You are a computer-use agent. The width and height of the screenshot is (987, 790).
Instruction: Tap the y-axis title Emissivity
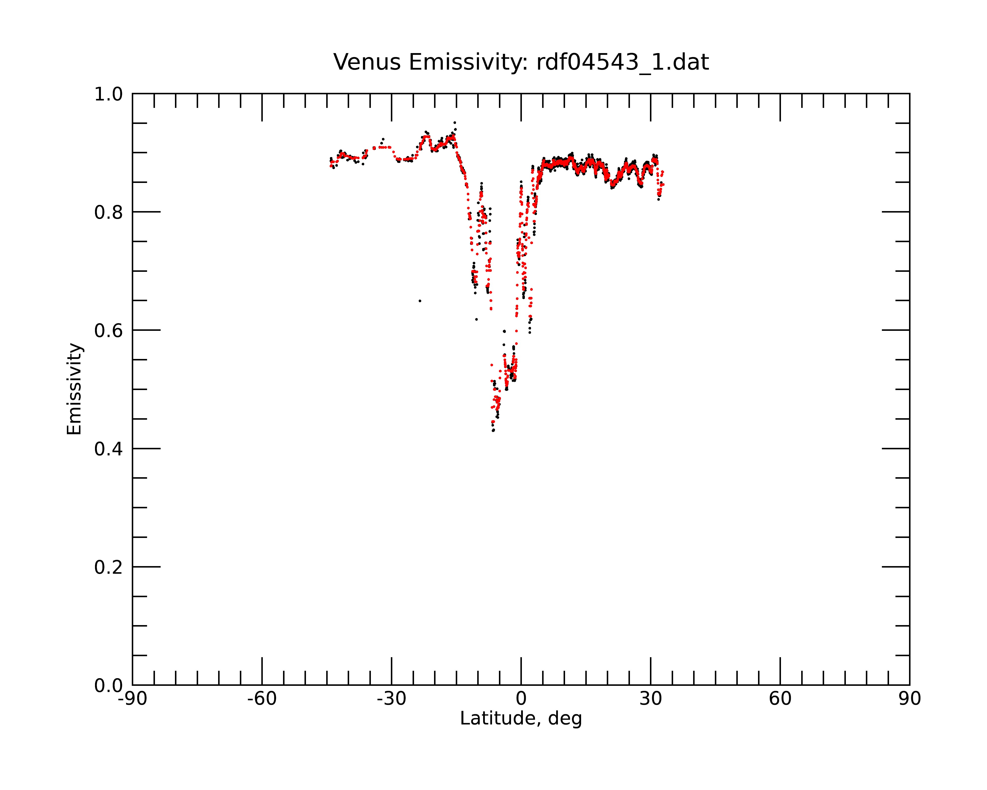[x=74, y=389]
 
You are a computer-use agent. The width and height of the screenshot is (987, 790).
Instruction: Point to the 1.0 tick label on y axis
[x=109, y=94]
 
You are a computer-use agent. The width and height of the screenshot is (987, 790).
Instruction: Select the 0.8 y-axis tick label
[x=109, y=213]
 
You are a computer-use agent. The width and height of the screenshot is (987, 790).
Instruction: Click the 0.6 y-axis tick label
[x=109, y=331]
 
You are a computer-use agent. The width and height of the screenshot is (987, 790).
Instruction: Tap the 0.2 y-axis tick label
[x=109, y=567]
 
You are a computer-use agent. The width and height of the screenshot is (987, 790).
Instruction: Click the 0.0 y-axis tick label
[x=109, y=686]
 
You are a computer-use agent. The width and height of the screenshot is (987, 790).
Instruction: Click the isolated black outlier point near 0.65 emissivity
[x=420, y=301]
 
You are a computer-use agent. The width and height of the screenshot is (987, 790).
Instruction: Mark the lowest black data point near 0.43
[x=493, y=431]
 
